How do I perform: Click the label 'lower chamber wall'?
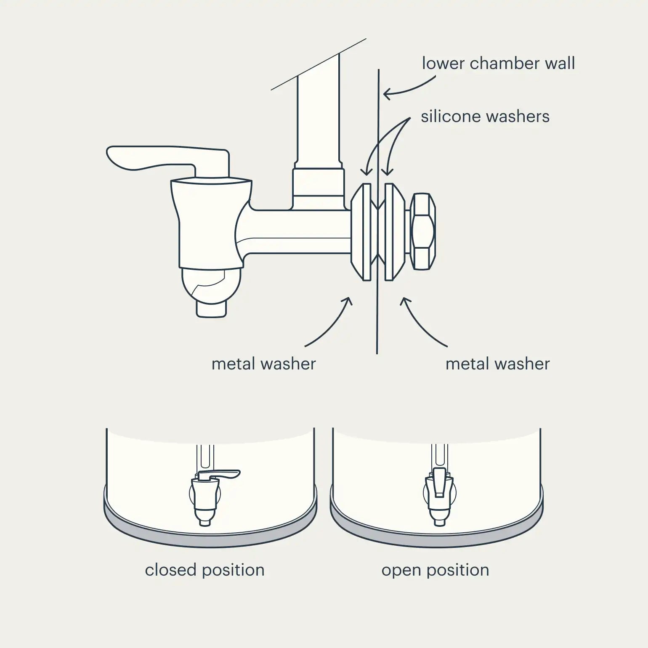[x=498, y=64]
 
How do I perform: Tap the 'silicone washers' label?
[x=485, y=117]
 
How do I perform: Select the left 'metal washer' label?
[x=263, y=364]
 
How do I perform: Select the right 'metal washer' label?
[x=497, y=364]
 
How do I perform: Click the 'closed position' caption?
[x=204, y=570]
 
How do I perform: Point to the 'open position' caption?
[x=435, y=570]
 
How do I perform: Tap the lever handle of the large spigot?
[x=168, y=160]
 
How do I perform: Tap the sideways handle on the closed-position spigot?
[x=219, y=475]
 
